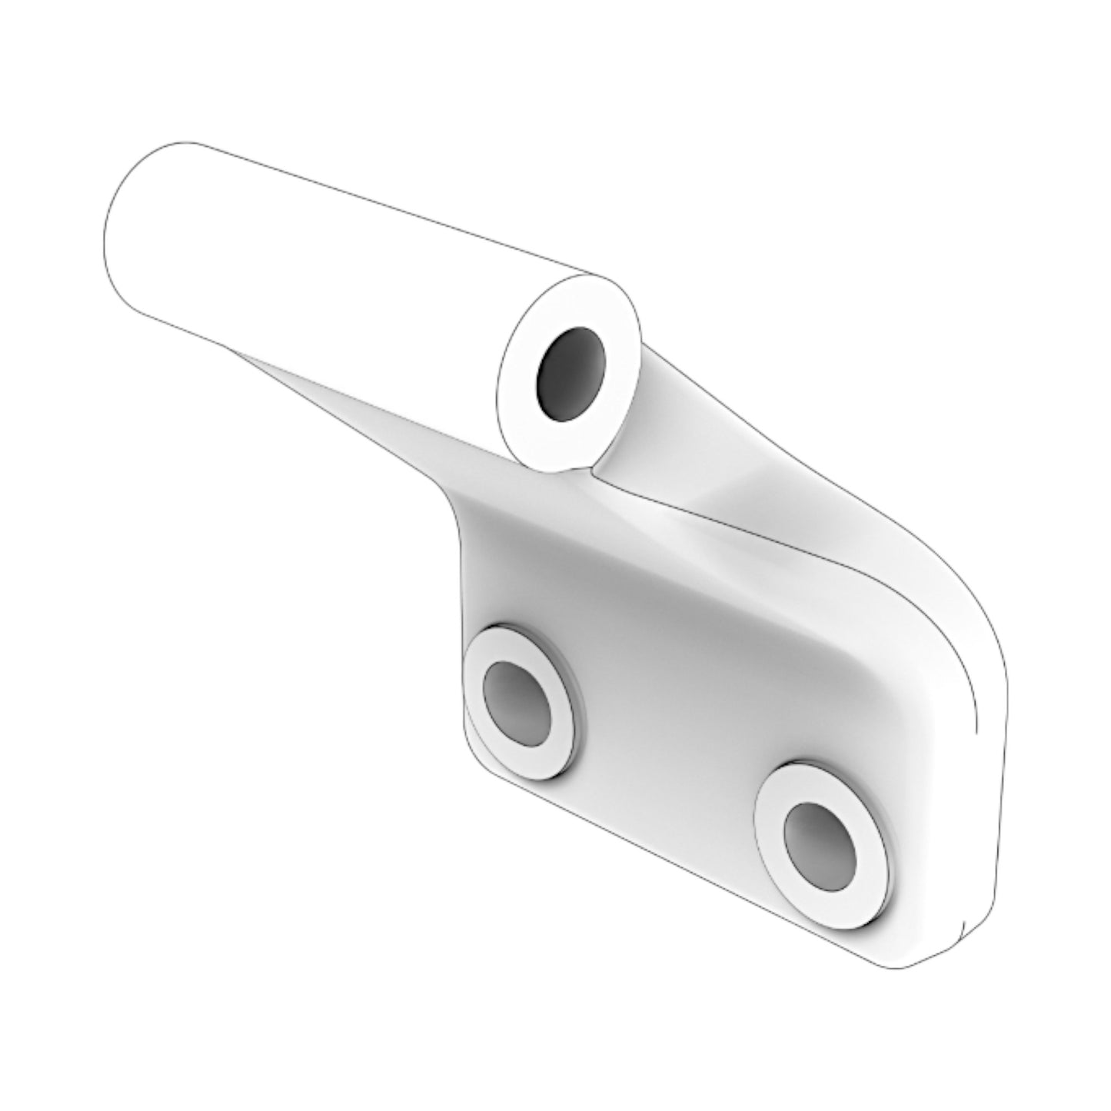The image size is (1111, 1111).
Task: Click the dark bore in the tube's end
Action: coord(570,374)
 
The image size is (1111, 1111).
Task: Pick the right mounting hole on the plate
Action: coord(819,843)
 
